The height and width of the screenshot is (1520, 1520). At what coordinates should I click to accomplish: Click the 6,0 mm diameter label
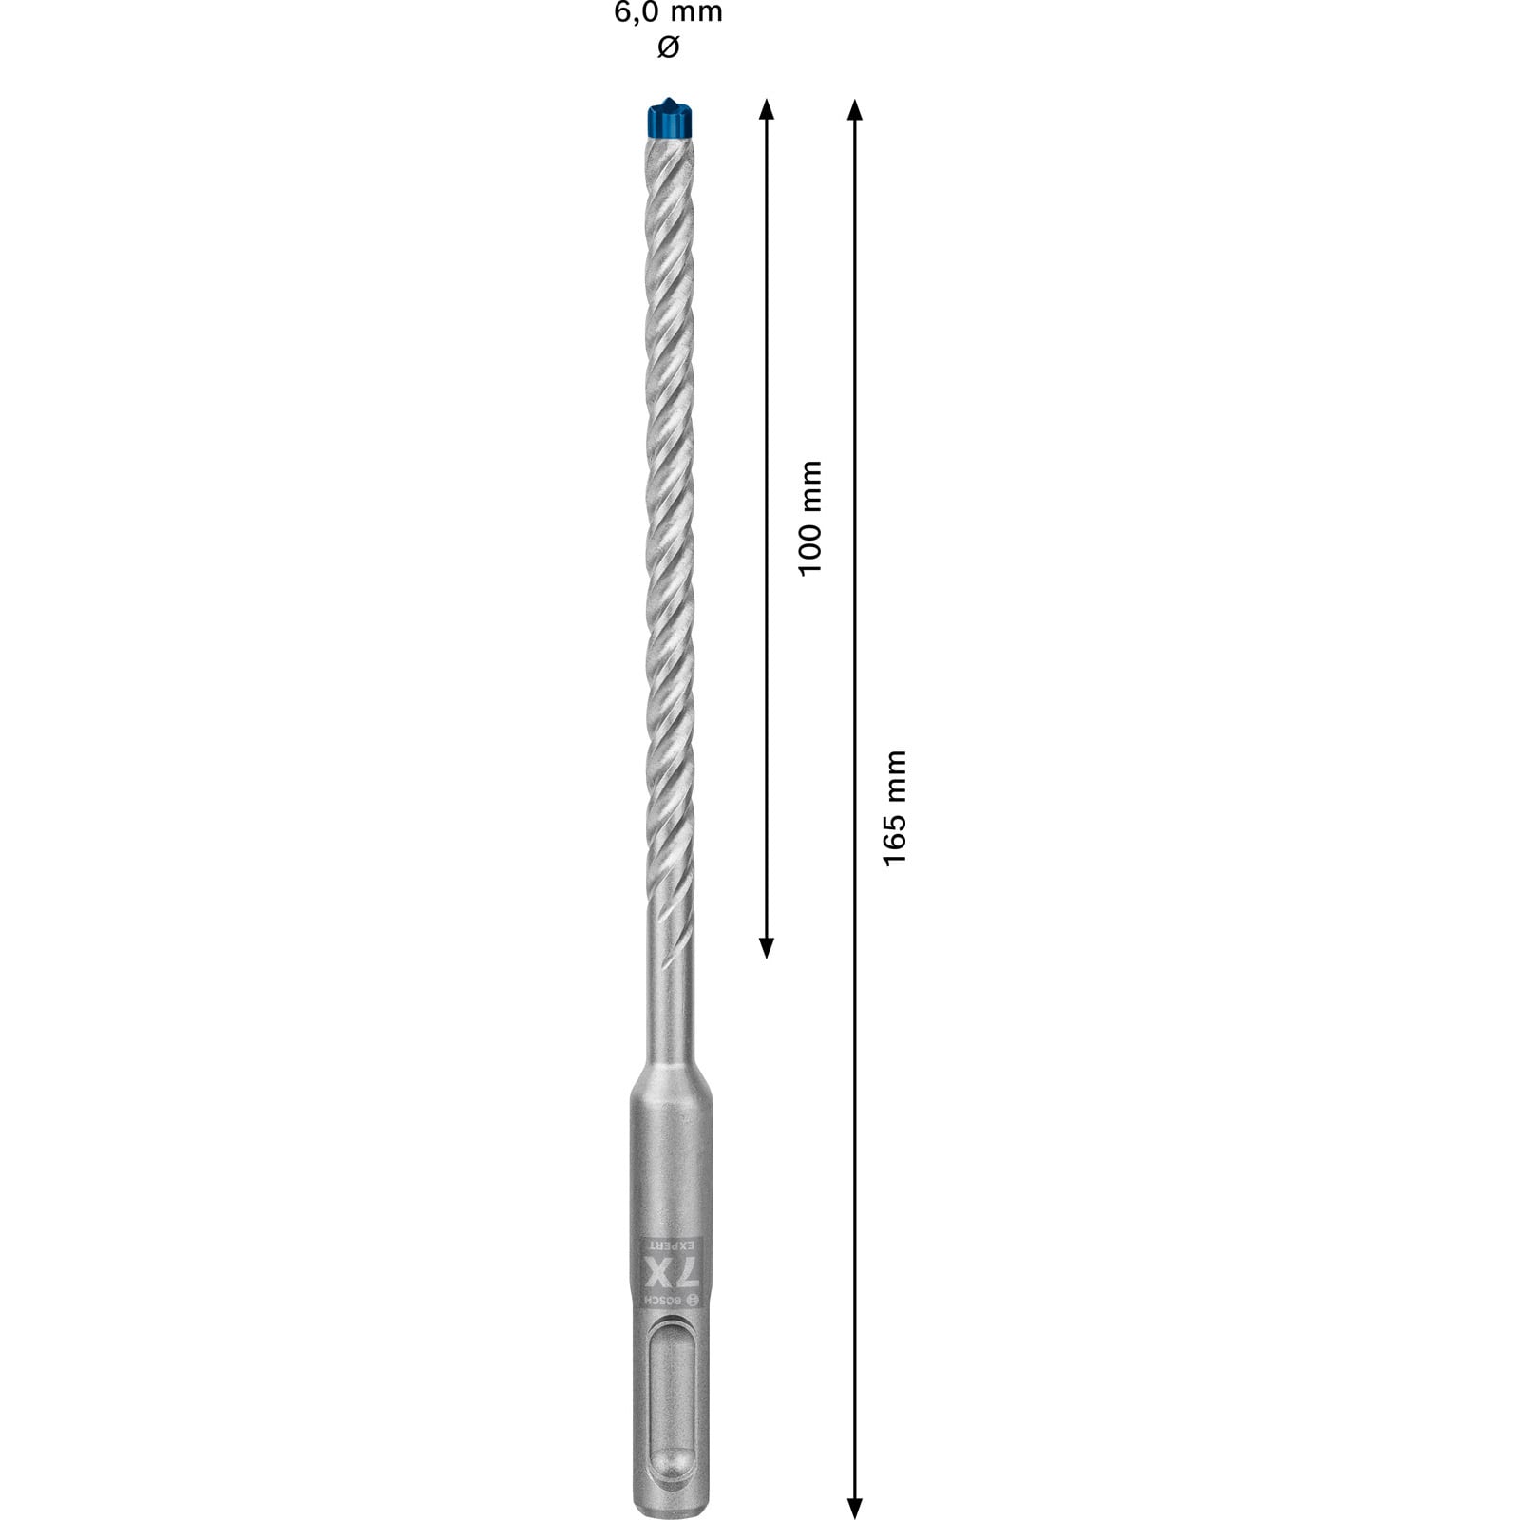coord(668,12)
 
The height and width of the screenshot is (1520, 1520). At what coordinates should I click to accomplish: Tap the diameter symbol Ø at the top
coord(668,47)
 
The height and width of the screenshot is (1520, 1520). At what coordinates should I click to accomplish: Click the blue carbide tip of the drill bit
coord(672,118)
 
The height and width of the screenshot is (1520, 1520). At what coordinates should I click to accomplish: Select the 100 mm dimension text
coord(810,518)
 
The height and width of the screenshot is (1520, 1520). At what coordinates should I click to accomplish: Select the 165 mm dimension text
coord(895,807)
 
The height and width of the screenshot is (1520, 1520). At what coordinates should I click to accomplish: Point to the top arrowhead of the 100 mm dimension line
coord(767,107)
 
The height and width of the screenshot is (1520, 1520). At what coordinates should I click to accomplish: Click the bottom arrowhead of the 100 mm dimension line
coord(767,947)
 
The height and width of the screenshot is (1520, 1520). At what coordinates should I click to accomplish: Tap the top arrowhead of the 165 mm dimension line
coord(854,107)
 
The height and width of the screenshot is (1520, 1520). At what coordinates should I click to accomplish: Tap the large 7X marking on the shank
coord(670,1271)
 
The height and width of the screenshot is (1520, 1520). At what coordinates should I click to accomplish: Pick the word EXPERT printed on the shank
coord(671,1244)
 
